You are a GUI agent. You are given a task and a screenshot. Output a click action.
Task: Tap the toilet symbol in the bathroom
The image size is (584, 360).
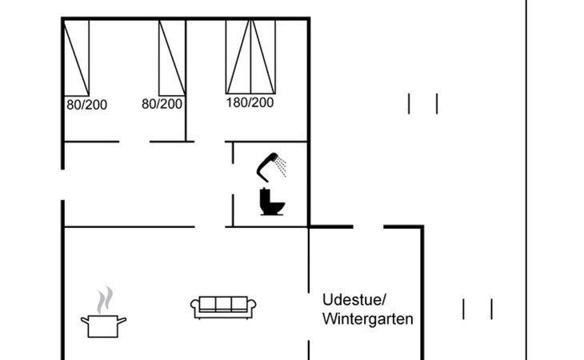[x=272, y=202]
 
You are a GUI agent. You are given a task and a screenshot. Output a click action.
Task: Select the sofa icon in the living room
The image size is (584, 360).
[x=223, y=306]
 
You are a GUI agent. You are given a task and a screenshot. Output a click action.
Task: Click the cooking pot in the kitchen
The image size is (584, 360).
[x=104, y=325]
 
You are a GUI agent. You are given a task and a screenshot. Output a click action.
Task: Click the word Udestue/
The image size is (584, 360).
[x=354, y=300]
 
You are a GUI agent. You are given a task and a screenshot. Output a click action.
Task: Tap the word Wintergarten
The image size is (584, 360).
[x=368, y=319]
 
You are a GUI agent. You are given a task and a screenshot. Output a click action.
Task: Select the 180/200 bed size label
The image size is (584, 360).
[x=250, y=102]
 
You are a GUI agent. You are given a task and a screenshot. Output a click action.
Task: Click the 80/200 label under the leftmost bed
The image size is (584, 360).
[x=86, y=104]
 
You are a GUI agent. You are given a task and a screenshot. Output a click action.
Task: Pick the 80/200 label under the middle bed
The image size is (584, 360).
[x=162, y=104]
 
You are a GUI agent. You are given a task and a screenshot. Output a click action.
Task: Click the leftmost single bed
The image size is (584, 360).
[x=77, y=57]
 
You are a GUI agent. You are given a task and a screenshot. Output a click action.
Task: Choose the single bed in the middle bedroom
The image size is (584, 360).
[x=173, y=57]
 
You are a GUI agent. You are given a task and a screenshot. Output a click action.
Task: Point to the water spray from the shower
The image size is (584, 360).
[x=281, y=168]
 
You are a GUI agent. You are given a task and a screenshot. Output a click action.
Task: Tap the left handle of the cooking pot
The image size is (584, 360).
[x=84, y=321]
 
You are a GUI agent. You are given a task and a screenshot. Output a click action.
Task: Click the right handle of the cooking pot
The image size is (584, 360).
[x=123, y=321]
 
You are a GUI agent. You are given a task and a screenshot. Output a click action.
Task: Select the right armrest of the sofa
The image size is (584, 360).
[x=252, y=306]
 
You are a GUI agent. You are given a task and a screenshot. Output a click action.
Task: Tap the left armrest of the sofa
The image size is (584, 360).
[x=194, y=306]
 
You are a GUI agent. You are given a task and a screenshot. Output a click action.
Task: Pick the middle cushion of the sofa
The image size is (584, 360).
[x=223, y=304]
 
